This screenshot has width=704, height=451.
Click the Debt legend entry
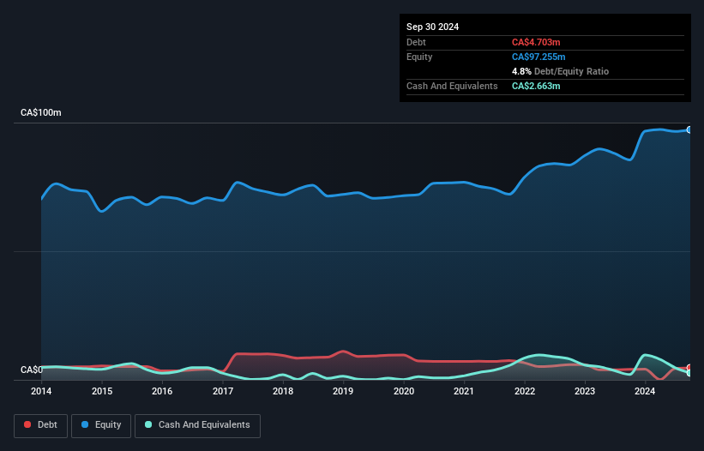pyautogui.click(x=39, y=425)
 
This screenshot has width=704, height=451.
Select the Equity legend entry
pyautogui.click(x=101, y=425)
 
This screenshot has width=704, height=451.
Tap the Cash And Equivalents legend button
pyautogui.click(x=197, y=425)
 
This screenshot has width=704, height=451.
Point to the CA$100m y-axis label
pyautogui.click(x=41, y=113)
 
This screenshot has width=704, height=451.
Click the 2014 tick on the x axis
pyautogui.click(x=41, y=392)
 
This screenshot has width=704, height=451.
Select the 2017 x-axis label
pyautogui.click(x=223, y=392)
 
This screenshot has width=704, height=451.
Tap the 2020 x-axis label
pyautogui.click(x=404, y=392)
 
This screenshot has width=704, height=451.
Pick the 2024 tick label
pyautogui.click(x=645, y=392)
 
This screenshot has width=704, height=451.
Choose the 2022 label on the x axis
pyautogui.click(x=525, y=392)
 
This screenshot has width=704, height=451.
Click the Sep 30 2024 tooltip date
pyautogui.click(x=433, y=27)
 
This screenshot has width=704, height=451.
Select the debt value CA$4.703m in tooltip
pyautogui.click(x=536, y=42)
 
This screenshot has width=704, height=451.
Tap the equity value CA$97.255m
pyautogui.click(x=539, y=57)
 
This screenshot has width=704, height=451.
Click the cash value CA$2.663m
pyautogui.click(x=536, y=86)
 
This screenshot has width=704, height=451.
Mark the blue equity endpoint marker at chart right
pyautogui.click(x=689, y=129)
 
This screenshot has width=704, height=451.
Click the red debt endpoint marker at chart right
pyautogui.click(x=689, y=367)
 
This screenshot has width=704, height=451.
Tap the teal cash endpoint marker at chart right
pyautogui.click(x=689, y=373)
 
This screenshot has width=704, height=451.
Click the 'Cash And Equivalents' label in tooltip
pyautogui.click(x=452, y=86)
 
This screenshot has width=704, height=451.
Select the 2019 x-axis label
pyautogui.click(x=343, y=392)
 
